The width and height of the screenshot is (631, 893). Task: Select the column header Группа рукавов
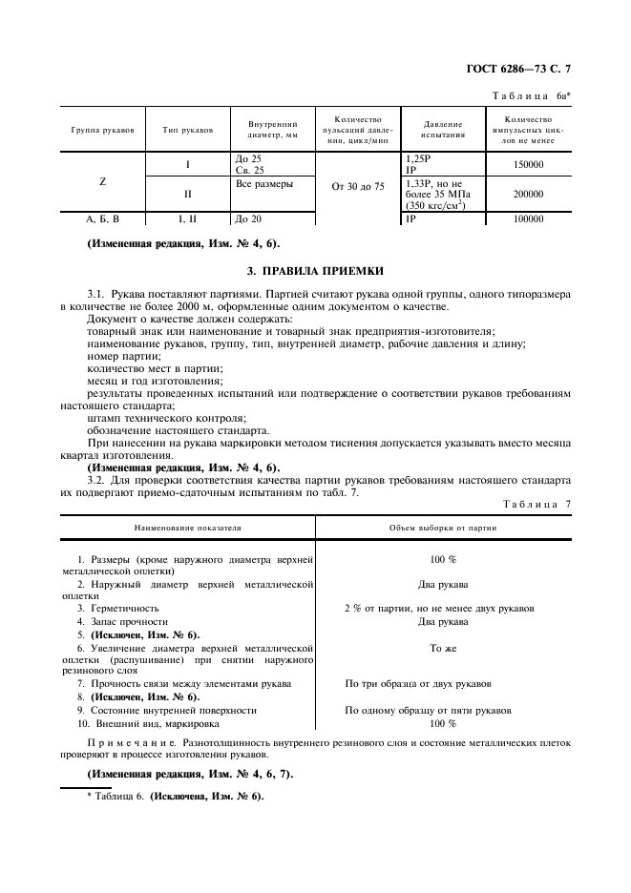pos(101,129)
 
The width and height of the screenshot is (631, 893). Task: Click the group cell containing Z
pos(101,181)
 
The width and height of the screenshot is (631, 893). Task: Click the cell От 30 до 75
pos(358,187)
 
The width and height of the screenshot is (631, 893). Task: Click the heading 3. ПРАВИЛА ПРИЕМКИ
pos(315,271)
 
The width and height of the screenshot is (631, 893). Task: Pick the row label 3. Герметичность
pos(118,608)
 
